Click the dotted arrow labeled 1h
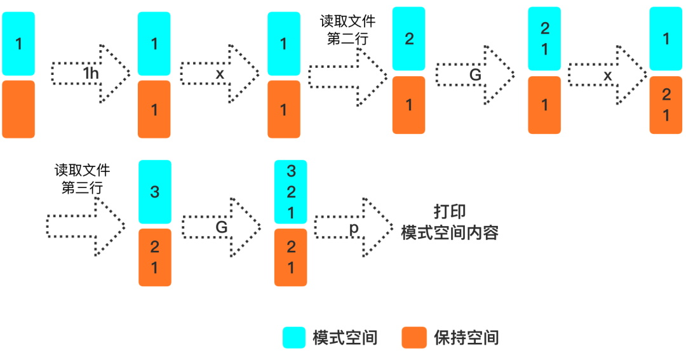pos(91,74)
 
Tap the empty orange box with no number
pos(18,109)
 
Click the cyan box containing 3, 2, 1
pos(291,192)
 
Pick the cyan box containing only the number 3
pos(155,192)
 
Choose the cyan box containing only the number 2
pos(409,39)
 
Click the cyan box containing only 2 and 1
pos(544,39)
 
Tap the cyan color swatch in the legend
pos(293,337)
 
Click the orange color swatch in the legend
pos(414,337)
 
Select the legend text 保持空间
pos(466,337)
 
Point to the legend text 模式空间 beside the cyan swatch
pos(345,337)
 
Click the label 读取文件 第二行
pos(347,30)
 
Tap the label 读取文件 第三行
pos(82,179)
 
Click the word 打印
pos(450,212)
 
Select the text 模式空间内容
pos(450,232)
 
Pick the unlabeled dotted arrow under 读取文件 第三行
pos(86,226)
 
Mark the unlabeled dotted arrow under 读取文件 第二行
pos(347,76)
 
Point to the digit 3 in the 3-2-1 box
pos(291,171)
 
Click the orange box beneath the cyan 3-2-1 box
pos(291,257)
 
